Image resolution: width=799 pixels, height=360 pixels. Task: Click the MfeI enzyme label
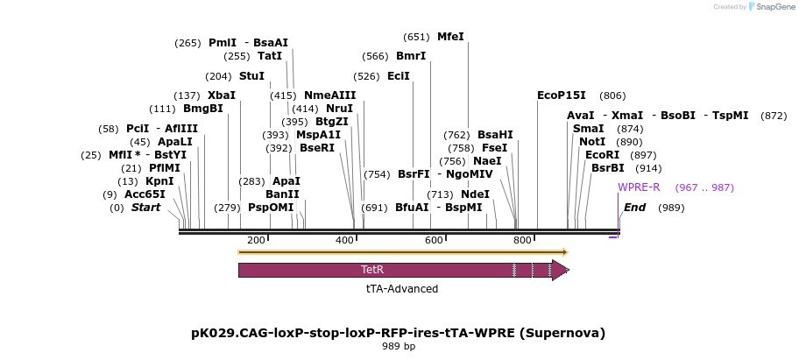click(450, 37)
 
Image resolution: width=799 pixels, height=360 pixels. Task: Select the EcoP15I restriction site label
click(562, 95)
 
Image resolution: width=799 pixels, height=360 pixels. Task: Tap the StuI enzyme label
click(251, 76)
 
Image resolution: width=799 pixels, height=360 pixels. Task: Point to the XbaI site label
click(221, 95)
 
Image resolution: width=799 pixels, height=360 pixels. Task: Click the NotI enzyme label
click(592, 142)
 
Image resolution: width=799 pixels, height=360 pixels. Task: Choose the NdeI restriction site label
click(475, 194)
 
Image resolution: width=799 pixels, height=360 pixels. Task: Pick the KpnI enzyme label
click(159, 181)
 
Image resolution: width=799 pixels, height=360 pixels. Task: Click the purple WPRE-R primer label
click(639, 187)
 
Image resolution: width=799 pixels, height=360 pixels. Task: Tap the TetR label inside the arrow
click(372, 270)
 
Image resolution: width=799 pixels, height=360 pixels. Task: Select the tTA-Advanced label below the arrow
click(402, 288)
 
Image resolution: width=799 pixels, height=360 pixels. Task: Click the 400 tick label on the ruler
click(345, 240)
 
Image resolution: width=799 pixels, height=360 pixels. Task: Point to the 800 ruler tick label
click(523, 240)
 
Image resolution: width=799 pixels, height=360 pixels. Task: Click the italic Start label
click(146, 208)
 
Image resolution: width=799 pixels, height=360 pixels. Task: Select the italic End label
click(634, 208)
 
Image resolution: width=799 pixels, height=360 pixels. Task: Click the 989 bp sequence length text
click(398, 346)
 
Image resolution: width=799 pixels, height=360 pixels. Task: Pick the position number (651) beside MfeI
click(416, 37)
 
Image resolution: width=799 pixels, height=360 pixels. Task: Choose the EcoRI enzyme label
click(602, 155)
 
